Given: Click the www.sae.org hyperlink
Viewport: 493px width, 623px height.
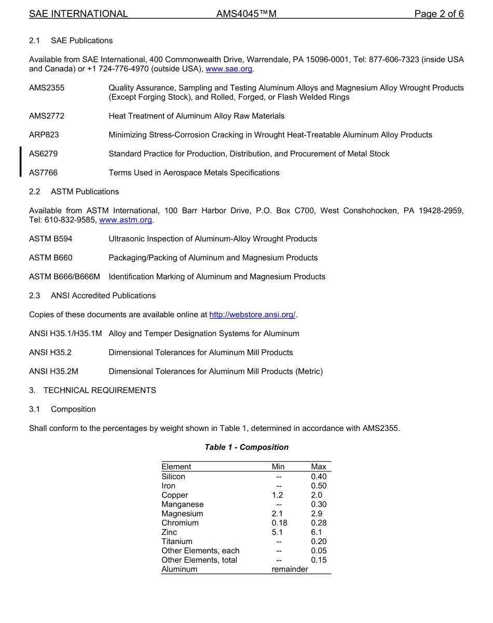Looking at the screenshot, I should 229,69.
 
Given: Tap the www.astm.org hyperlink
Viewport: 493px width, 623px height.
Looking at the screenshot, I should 126,220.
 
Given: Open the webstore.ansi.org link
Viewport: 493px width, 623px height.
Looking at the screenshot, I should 252,315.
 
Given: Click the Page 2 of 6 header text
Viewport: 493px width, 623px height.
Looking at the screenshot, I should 439,14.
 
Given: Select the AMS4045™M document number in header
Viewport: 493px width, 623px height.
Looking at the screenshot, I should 246,14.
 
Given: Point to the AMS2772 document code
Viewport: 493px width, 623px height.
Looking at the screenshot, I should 47,116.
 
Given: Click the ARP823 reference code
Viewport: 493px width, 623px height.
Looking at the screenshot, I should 44,135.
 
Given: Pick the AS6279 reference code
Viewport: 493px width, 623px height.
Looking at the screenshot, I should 43,154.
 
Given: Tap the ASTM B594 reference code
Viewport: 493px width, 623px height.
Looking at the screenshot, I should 51,239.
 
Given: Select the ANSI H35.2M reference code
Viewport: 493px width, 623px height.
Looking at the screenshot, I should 53,371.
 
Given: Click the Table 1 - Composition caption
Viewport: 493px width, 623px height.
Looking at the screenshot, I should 246,447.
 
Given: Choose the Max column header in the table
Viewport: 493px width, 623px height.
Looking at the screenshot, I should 319,467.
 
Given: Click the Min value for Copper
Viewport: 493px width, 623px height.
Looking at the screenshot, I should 278,495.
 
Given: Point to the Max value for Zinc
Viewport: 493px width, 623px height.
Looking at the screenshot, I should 317,532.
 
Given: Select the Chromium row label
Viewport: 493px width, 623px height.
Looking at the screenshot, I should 180,523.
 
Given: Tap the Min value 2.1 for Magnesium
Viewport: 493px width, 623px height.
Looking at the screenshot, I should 278,513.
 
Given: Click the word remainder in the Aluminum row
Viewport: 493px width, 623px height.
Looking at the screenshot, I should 290,569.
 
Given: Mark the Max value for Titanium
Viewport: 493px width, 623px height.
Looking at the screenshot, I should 319,541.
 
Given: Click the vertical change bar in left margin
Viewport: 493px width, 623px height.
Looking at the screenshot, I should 20,161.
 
